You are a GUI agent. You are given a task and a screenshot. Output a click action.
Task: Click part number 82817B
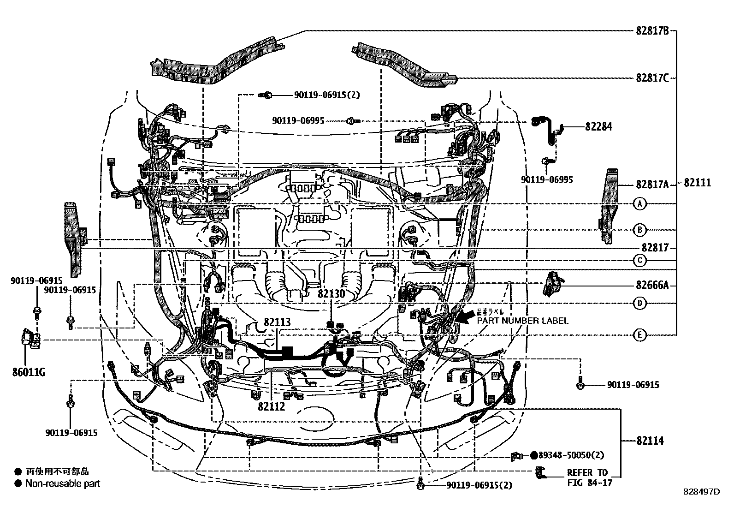[x=652, y=31]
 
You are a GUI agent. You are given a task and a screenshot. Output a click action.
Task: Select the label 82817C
[x=652, y=78]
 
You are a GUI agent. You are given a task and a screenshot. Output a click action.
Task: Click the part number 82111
[x=697, y=183]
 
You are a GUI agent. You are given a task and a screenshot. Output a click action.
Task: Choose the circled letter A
[x=639, y=203]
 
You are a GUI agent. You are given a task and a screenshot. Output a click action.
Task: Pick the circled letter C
[x=639, y=261]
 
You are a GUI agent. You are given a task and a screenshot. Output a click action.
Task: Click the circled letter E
[x=639, y=335]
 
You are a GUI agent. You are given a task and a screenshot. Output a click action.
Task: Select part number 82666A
[x=652, y=285]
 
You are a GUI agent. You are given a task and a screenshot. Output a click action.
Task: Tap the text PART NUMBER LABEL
[x=522, y=321]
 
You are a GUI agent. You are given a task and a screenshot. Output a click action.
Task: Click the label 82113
[x=277, y=322]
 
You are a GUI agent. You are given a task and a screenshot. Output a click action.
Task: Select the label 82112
[x=272, y=406]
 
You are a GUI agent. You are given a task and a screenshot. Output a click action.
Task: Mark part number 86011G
[x=29, y=372]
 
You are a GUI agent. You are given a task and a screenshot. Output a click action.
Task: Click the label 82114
[x=650, y=441]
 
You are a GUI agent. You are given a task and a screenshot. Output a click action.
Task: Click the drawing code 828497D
[x=701, y=491]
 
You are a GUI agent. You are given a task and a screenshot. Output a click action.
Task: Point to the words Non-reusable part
[x=63, y=483]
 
